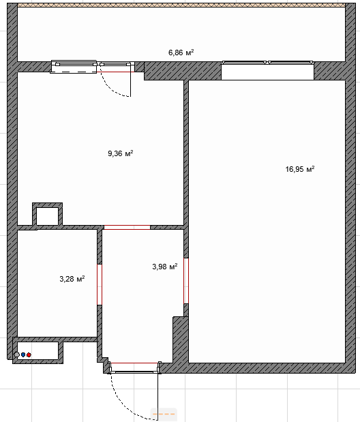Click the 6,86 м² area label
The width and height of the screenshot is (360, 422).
click(181, 52)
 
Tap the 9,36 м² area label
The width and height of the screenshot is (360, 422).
click(121, 153)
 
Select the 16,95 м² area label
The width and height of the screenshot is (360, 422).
click(300, 169)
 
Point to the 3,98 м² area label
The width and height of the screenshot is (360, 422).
click(165, 267)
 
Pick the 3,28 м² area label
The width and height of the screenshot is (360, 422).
click(72, 279)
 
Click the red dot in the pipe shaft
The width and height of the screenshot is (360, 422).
click(29, 355)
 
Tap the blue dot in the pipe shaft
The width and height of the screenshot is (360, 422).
click(23, 355)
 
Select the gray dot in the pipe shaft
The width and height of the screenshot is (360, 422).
click(17, 355)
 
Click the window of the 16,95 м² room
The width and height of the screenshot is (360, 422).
click(268, 63)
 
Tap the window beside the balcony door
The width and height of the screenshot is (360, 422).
click(74, 66)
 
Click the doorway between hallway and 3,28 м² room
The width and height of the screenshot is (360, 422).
click(100, 284)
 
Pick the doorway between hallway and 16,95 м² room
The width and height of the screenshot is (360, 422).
click(186, 281)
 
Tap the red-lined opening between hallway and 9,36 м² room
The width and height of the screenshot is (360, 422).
click(127, 228)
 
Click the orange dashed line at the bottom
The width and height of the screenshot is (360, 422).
click(164, 414)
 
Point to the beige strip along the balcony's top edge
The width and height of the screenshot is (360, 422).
click(181, 5)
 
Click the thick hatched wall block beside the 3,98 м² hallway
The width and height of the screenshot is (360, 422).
click(181, 340)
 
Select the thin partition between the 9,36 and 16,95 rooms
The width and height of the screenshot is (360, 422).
click(186, 153)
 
